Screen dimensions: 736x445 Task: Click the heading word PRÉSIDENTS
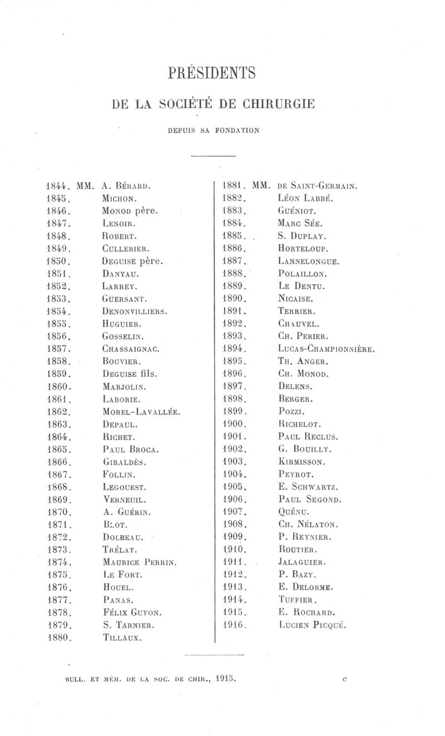point(211,73)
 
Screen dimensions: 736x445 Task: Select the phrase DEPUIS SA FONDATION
point(213,131)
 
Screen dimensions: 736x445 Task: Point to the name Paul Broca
point(131,449)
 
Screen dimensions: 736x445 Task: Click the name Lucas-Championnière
point(326,350)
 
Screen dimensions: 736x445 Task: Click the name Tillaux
point(123,638)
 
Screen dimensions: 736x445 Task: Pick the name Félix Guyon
point(132,612)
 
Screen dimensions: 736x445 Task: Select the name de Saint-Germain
point(317,186)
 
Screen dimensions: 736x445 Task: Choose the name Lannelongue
point(309,261)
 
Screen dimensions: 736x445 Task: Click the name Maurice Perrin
point(140,563)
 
